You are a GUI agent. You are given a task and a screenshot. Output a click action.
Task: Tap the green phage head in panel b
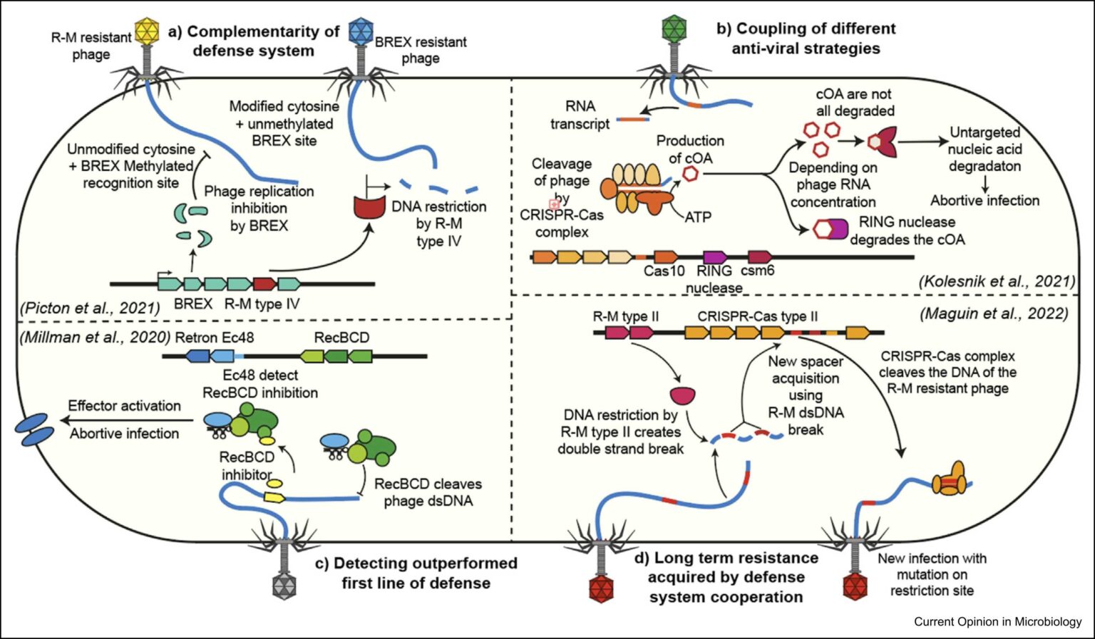pyautogui.click(x=673, y=28)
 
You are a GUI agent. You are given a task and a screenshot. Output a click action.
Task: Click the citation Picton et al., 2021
pyautogui.click(x=90, y=308)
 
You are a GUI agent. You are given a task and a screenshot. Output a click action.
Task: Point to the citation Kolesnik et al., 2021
pyautogui.click(x=997, y=281)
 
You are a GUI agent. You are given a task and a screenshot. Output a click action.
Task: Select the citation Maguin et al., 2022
pyautogui.click(x=994, y=313)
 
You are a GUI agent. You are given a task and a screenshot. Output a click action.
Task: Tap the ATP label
pyautogui.click(x=698, y=217)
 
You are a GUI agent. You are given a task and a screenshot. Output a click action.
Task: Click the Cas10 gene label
pyautogui.click(x=664, y=271)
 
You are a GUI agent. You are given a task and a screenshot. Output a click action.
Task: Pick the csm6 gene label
pyautogui.click(x=757, y=271)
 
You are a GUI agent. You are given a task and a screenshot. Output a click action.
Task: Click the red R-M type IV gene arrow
pyautogui.click(x=264, y=284)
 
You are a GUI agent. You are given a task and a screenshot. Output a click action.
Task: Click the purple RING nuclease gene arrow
pyautogui.click(x=714, y=256)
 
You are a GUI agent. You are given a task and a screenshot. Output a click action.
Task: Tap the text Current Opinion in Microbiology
pyautogui.click(x=997, y=622)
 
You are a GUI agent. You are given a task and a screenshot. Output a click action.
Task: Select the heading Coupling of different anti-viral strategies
pyautogui.click(x=806, y=38)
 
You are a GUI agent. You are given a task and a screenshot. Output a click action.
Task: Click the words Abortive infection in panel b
pyautogui.click(x=985, y=201)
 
